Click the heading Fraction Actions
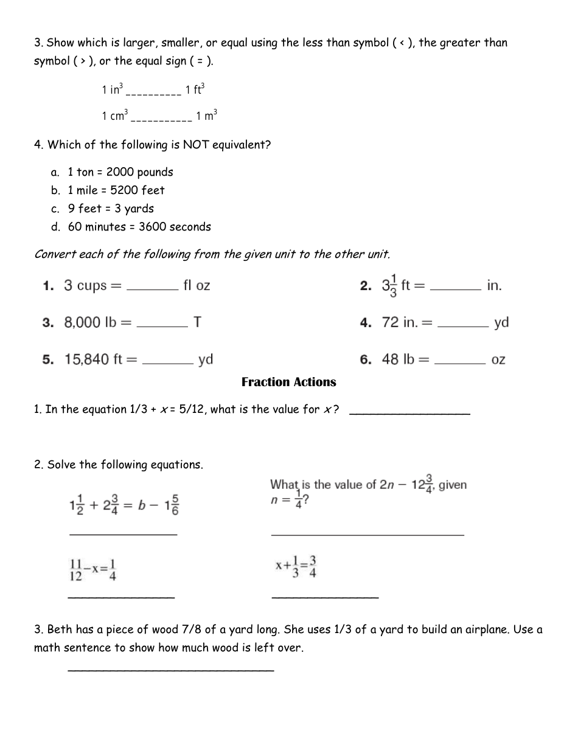pyautogui.click(x=288, y=382)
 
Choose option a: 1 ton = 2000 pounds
pyautogui.click(x=120, y=172)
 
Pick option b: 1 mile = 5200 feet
pyautogui.click(x=116, y=190)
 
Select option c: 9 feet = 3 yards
pyautogui.click(x=110, y=209)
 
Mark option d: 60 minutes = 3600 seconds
pyautogui.click(x=139, y=227)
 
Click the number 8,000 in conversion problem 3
pyautogui.click(x=82, y=322)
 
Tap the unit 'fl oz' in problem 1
pyautogui.click(x=197, y=286)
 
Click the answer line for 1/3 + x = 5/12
pyautogui.click(x=410, y=413)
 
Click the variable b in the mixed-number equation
pyautogui.click(x=140, y=505)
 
